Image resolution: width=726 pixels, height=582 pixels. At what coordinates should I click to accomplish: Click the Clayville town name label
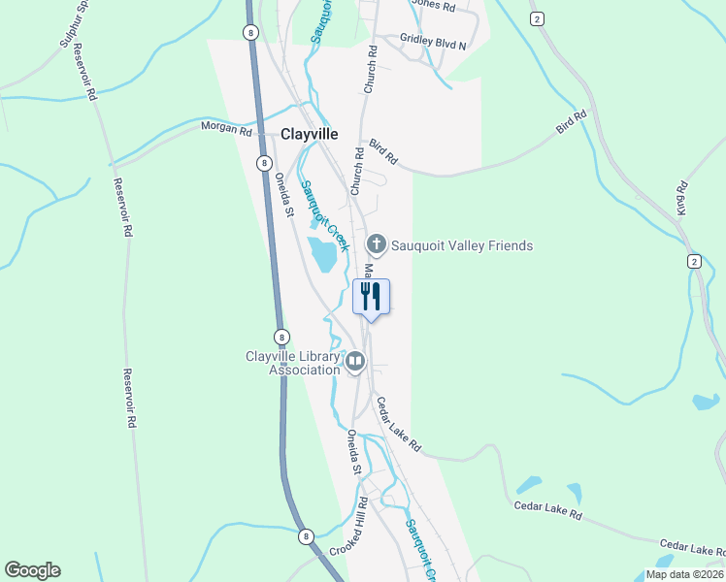pyautogui.click(x=309, y=135)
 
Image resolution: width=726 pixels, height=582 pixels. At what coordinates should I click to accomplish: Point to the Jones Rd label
pyautogui.click(x=433, y=5)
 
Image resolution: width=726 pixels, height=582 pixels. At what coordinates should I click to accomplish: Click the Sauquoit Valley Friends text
pyautogui.click(x=462, y=246)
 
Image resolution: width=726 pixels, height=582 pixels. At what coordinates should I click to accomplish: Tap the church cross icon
pyautogui.click(x=377, y=244)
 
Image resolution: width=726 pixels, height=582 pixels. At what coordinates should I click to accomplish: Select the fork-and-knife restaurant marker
pyautogui.click(x=370, y=296)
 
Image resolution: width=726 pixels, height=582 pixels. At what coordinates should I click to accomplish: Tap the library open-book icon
pyautogui.click(x=355, y=364)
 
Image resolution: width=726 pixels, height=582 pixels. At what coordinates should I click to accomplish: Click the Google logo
pyautogui.click(x=32, y=570)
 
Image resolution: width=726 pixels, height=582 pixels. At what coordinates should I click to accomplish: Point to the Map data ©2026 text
pyautogui.click(x=684, y=574)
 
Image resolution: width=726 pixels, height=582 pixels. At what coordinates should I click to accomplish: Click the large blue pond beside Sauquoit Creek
pyautogui.click(x=322, y=255)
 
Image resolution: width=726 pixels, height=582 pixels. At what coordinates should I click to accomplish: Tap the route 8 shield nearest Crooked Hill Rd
pyautogui.click(x=307, y=536)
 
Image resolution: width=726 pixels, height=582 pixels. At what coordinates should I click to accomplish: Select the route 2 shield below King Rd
pyautogui.click(x=693, y=262)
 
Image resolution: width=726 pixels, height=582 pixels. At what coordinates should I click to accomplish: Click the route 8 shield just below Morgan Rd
pyautogui.click(x=263, y=163)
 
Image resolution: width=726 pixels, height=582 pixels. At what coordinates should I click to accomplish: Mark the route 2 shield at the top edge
pyautogui.click(x=536, y=18)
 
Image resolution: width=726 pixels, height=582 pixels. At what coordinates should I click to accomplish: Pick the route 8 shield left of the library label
pyautogui.click(x=280, y=337)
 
